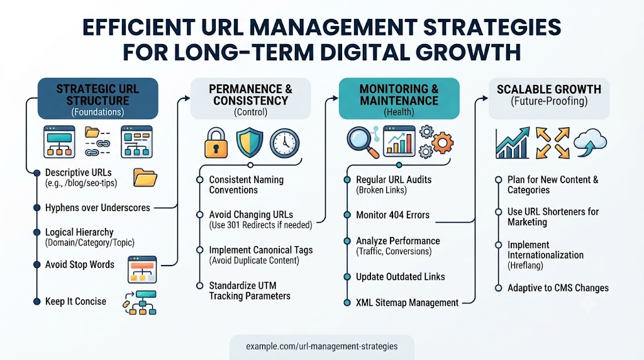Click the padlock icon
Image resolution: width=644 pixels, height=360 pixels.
(x=216, y=143)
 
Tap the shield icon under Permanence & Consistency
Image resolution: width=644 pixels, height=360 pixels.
(x=249, y=142)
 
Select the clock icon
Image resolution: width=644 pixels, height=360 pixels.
(x=285, y=143)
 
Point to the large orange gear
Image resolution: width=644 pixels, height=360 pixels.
(x=442, y=143)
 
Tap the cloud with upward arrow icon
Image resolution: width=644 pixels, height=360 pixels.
(x=590, y=143)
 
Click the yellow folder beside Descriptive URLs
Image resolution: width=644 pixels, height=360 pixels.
(x=145, y=177)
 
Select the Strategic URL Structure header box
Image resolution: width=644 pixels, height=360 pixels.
(x=97, y=99)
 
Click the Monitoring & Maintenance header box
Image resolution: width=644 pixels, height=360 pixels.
(x=399, y=99)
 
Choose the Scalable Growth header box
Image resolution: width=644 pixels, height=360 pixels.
(x=549, y=99)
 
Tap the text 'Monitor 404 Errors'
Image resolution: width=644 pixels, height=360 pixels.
(x=392, y=215)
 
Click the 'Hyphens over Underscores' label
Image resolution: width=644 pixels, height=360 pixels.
(x=97, y=208)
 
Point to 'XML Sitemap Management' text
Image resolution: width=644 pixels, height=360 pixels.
(x=407, y=303)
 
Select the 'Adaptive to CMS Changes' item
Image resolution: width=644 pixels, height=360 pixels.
(x=558, y=288)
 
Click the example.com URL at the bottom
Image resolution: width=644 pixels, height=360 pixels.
(x=321, y=346)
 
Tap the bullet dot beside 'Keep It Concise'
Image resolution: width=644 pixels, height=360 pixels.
(x=37, y=301)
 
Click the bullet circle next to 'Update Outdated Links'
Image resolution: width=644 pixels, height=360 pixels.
(x=347, y=277)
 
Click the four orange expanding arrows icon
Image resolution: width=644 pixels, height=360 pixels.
(x=552, y=143)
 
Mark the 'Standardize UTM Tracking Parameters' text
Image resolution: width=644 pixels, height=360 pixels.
(x=250, y=291)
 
